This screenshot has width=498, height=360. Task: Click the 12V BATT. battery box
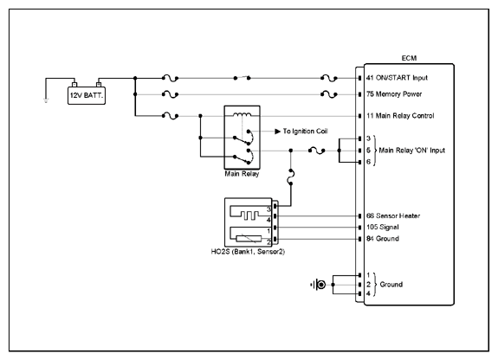point(87,95)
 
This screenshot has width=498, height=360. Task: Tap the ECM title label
point(409,58)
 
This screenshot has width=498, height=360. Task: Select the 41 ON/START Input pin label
point(397,78)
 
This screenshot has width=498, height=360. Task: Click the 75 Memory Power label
point(394,94)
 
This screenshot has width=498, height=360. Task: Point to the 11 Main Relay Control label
point(400,116)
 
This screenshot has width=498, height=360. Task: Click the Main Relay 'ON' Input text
point(412,151)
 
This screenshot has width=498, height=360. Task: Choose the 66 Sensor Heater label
point(393,215)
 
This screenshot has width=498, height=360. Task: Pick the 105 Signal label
point(383,228)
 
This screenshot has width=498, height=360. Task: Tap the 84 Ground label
point(383,239)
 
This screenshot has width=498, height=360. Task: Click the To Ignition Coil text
point(305,132)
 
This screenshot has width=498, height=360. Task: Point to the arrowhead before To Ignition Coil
point(278,132)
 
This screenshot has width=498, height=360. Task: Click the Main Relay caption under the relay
point(242,174)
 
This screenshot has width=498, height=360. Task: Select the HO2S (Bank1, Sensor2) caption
point(248,252)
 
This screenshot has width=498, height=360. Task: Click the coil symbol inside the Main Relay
point(243,114)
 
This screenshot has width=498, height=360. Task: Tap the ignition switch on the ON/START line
point(242,78)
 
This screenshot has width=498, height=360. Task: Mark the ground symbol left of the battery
point(46,101)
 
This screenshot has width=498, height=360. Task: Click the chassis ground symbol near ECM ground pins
point(319,285)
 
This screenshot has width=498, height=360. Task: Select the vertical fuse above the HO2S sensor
point(291,177)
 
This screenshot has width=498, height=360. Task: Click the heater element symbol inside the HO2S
point(249,215)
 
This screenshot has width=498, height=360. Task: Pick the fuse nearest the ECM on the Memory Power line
point(329,94)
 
